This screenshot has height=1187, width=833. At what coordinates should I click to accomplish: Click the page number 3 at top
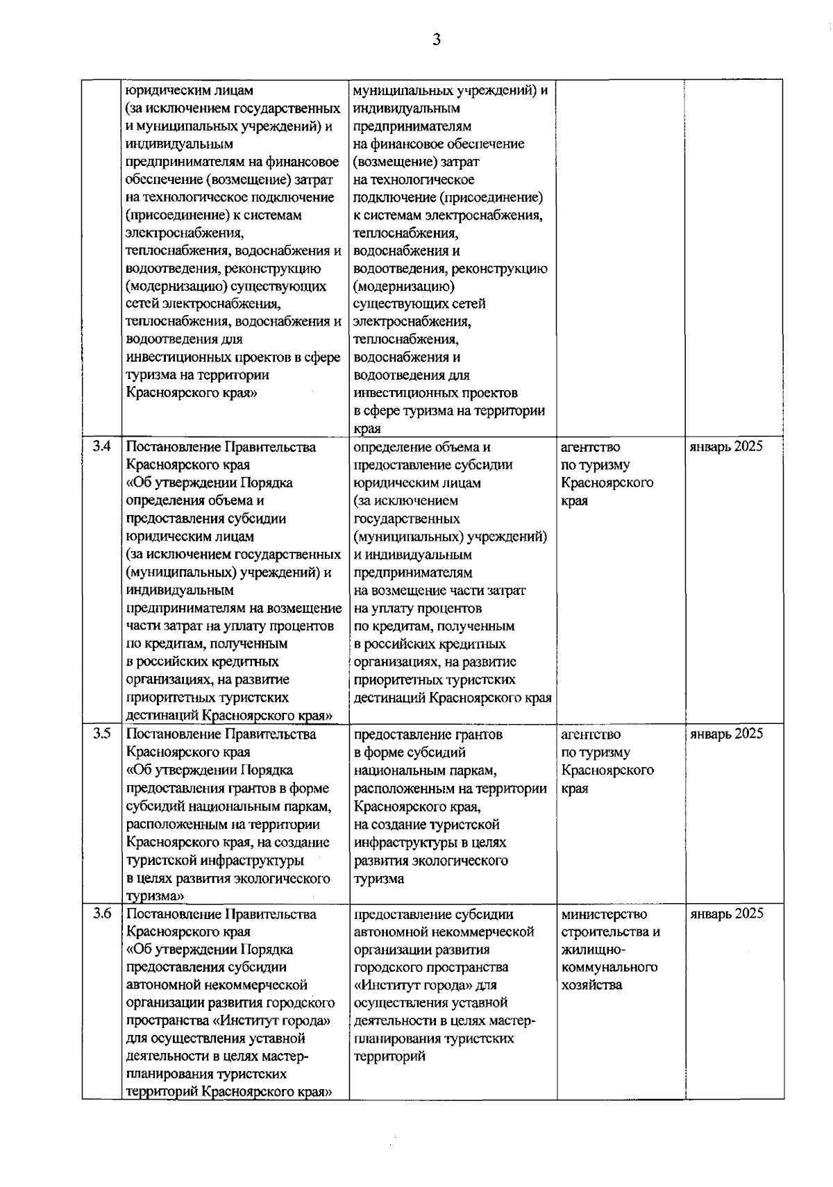click(437, 40)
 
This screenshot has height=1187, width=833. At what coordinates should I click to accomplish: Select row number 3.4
click(101, 446)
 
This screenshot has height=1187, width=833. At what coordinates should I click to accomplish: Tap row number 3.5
click(101, 734)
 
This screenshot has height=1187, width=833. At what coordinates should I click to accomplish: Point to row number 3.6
click(101, 914)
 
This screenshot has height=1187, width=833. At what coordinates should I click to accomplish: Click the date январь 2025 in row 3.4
click(725, 446)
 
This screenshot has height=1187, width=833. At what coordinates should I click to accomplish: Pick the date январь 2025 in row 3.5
click(725, 734)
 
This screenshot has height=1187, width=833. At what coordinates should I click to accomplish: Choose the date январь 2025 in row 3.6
click(726, 914)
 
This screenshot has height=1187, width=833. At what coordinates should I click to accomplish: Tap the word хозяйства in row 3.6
click(592, 985)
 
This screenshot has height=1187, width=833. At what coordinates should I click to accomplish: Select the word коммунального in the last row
click(609, 967)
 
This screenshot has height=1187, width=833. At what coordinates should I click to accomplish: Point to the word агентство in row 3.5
click(591, 734)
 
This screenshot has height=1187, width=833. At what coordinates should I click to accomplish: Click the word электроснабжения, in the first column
click(184, 233)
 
